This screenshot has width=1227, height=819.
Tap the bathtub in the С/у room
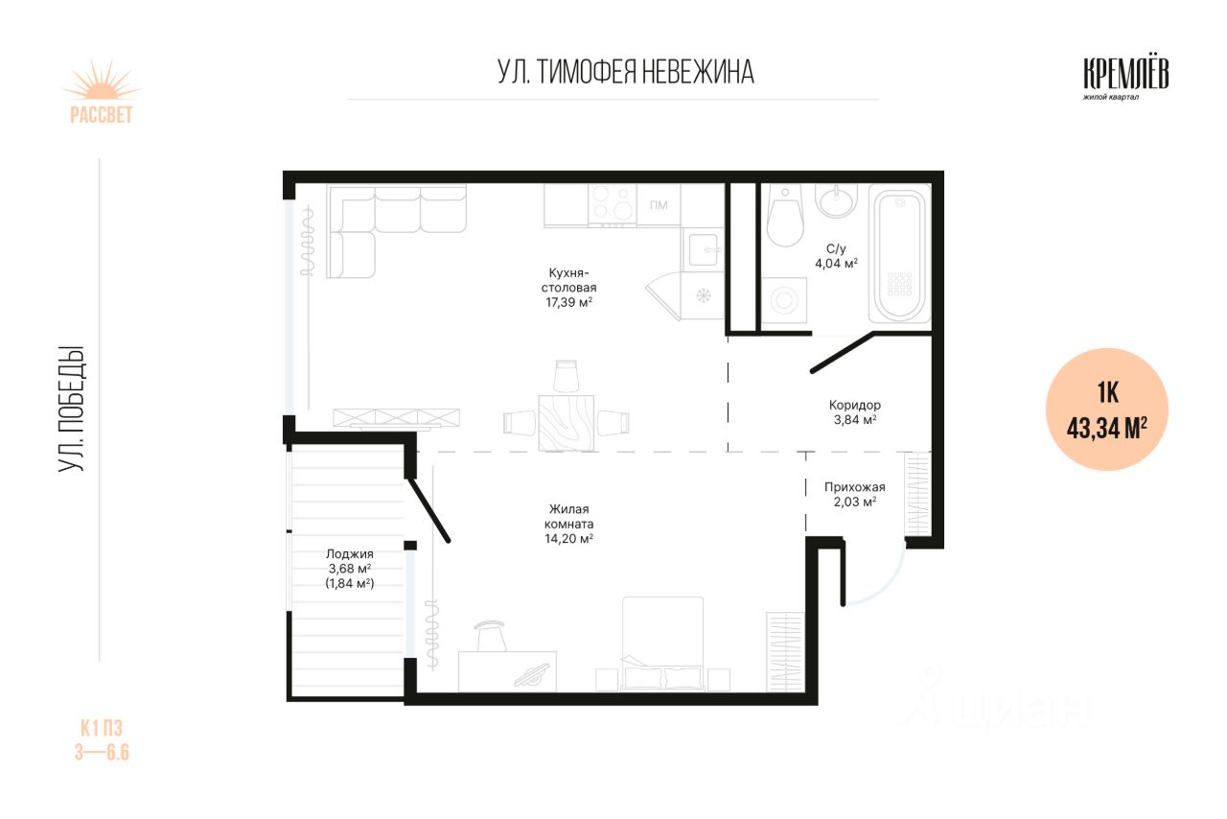pos(899,253)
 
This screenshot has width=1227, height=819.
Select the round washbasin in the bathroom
pos(837,200)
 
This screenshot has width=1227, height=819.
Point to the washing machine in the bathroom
pos(784,301)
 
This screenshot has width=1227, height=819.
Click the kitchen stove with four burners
pos(613,205)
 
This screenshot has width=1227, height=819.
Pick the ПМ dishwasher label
pos(659,205)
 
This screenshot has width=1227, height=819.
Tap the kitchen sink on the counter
pos(704,250)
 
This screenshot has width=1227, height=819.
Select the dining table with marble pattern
pos(567,423)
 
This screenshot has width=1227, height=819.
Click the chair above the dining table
pos(567,376)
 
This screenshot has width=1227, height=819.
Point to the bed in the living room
pos(662,643)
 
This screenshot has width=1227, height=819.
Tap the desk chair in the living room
pos(491,636)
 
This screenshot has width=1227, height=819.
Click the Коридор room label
pos(854,405)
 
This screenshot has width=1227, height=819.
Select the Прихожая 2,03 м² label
pos(854,495)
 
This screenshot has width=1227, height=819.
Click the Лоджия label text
pos(350,554)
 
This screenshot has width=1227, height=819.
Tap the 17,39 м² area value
pos(568,303)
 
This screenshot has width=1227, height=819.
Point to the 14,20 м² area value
pos(568,539)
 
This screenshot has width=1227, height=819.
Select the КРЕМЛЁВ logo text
pos(1126,74)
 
